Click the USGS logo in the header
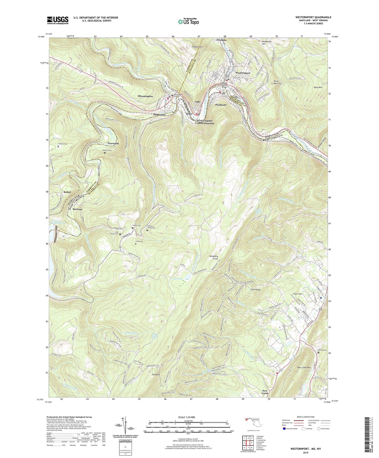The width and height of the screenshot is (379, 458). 58,20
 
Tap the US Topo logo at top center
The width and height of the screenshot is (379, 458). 188,22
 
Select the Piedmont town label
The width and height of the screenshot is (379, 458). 221,105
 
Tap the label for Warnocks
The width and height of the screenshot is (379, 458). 113,143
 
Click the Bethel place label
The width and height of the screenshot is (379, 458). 67,192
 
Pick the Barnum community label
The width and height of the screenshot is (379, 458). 77,209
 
